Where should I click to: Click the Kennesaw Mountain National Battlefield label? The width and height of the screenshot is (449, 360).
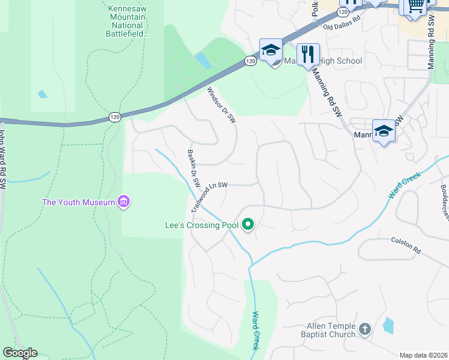(x=127, y=21)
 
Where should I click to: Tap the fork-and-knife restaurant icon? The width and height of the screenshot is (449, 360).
(x=308, y=54)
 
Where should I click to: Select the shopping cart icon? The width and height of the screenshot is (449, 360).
(x=415, y=6)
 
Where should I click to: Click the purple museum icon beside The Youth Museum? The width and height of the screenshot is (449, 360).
(x=124, y=202)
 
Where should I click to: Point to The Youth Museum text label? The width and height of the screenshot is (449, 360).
(x=78, y=202)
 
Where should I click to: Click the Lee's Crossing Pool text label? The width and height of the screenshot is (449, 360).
(x=202, y=226)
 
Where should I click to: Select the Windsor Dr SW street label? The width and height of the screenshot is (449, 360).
(x=221, y=106)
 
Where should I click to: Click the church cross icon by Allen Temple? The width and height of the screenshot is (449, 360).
(x=365, y=329)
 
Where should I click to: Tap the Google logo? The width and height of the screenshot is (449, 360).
(x=20, y=353)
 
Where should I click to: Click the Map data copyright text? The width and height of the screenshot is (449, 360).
(x=423, y=355)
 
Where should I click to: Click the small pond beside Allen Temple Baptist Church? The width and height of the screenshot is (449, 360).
(x=388, y=325)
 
